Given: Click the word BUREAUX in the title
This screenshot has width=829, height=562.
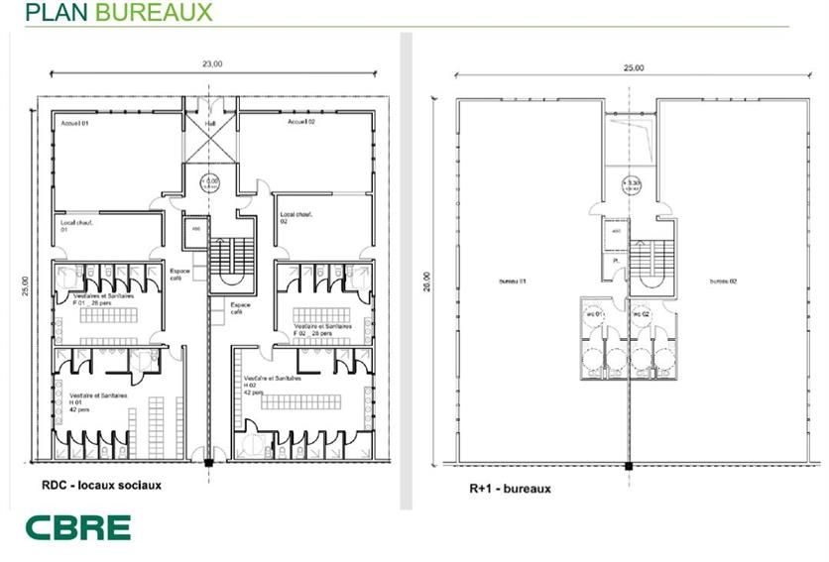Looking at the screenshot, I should [x=162, y=12].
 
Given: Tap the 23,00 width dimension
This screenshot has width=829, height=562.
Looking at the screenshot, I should [x=211, y=63].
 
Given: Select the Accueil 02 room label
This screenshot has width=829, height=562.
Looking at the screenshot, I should [x=300, y=122].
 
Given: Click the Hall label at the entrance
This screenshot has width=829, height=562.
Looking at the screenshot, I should [x=211, y=124].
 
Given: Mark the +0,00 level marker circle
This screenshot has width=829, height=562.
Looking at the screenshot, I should [x=211, y=181].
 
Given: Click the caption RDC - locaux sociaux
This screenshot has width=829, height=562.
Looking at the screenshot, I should [x=101, y=486].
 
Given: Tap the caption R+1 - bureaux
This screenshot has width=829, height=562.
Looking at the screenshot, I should [x=510, y=488].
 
